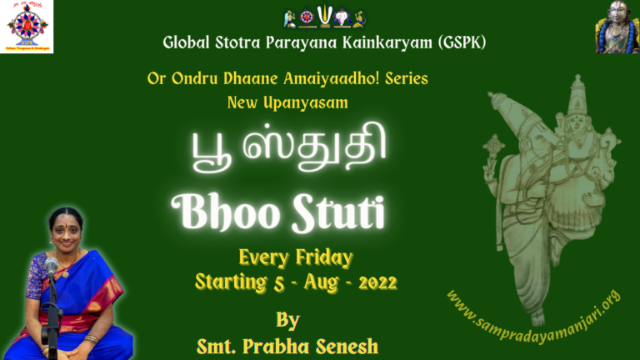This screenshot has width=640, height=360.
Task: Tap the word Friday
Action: point(321,257)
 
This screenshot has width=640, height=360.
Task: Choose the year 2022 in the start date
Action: point(377,282)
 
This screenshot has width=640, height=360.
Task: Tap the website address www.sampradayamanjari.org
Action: point(533,310)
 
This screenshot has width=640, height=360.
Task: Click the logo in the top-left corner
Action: point(27,27)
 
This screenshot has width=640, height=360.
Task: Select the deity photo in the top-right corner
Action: point(617,27)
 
